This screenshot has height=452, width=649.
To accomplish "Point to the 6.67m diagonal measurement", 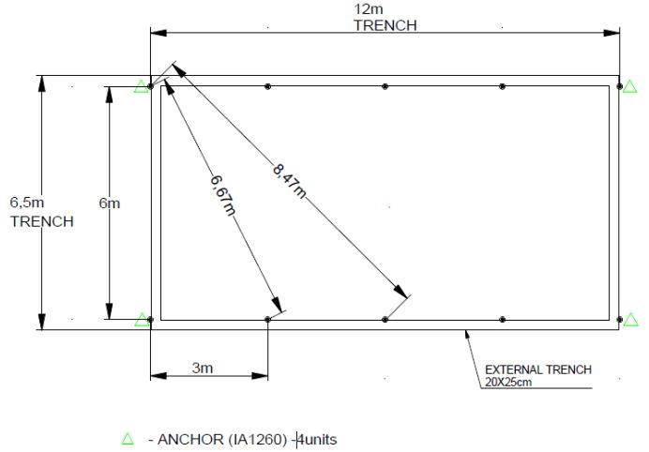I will [220, 194].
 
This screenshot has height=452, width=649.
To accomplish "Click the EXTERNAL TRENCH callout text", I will [537, 369].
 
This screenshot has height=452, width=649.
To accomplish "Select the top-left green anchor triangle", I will [141, 86].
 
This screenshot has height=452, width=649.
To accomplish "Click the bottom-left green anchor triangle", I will [142, 320].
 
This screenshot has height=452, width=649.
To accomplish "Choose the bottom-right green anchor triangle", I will [631, 320].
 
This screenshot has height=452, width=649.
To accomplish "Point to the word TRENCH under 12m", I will [385, 25].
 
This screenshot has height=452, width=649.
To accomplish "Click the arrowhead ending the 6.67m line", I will [278, 304].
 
